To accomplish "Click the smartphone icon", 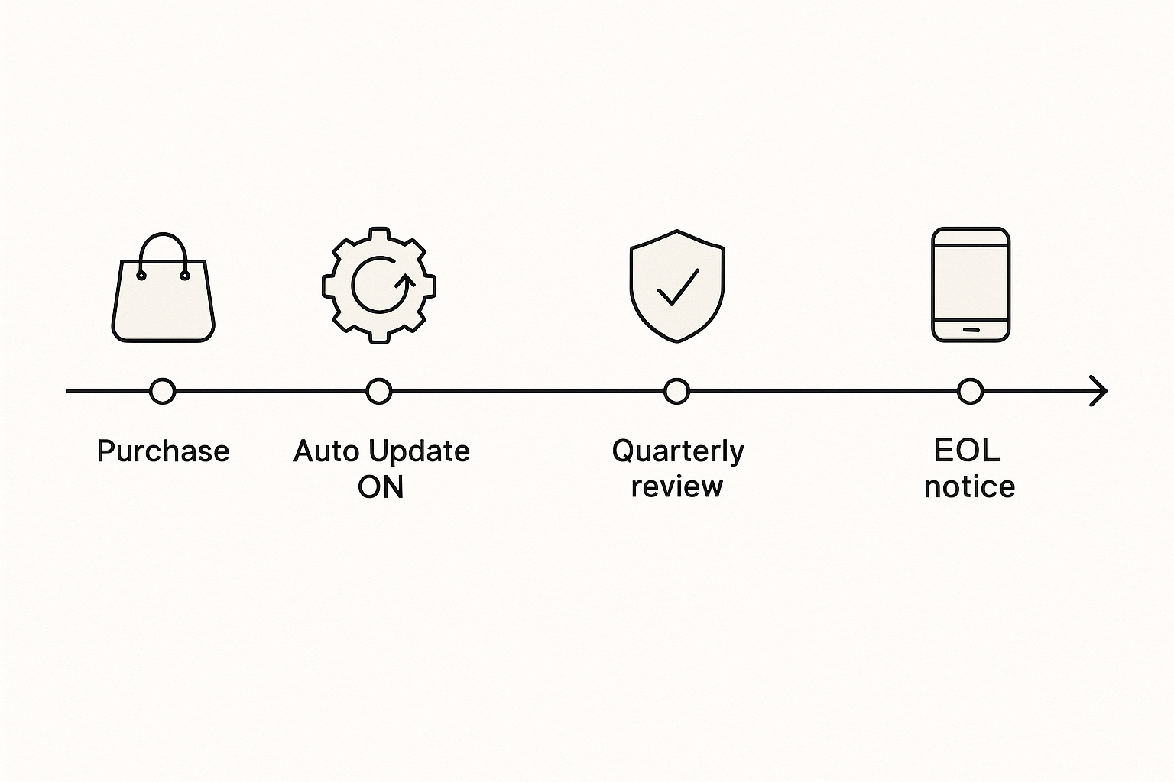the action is pos(971,284).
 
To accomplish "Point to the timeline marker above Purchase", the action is pos(163,391).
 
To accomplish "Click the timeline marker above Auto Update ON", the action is pos(379,391).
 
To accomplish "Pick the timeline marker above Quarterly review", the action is pos(676,391).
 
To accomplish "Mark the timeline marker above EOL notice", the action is pos(970,391).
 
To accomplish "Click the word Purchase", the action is pos(163,451).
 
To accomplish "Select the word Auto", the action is pos(326,451).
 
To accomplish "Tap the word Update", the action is pos(419,452).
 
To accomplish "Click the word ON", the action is pos(381,486).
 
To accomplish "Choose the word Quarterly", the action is pos(678,452).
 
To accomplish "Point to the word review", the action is pos(676,487).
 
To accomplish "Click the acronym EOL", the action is pos(968,451).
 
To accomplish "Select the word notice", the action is pos(970,486).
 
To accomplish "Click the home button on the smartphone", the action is pos(971,330).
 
